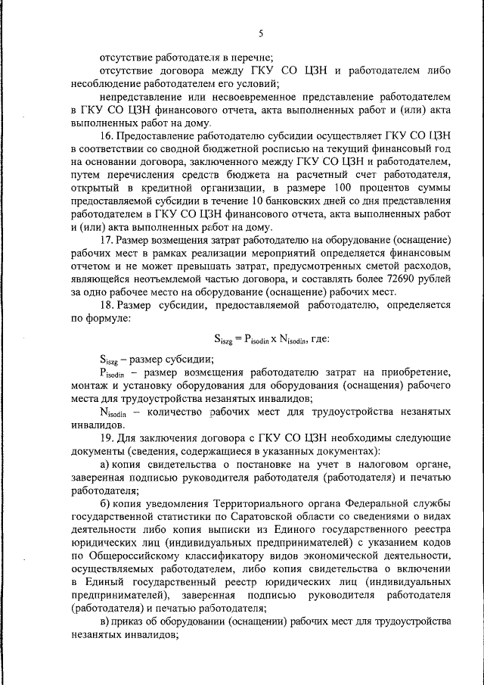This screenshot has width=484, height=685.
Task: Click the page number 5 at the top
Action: pos(260,32)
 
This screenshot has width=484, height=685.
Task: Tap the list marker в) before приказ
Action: pos(105,621)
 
